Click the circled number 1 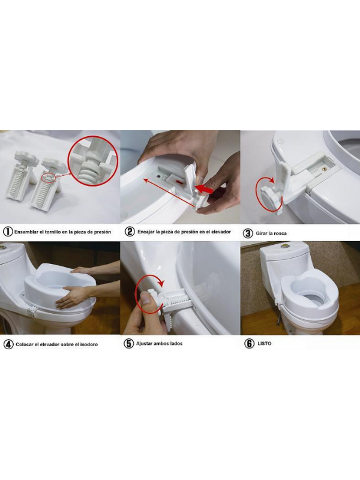coord(8,232)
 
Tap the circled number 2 coord(130,232)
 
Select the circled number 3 coord(248,233)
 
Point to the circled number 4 coord(8,344)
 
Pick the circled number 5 coord(128,343)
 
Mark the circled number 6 coord(249,343)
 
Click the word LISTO coord(264,343)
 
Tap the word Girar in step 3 coord(261,233)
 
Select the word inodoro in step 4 coord(88,344)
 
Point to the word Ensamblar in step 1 coord(26,232)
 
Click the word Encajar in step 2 coord(146,232)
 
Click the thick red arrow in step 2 coord(204,188)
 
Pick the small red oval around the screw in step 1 coord(49,177)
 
